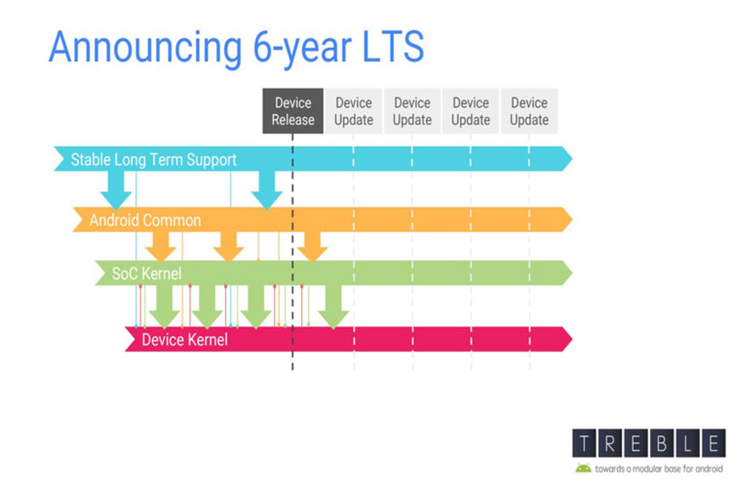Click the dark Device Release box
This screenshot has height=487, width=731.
coord(293,111)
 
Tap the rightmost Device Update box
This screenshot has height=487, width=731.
coord(529,111)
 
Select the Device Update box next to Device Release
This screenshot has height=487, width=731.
coord(353,111)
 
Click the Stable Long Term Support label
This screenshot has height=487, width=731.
coord(153,159)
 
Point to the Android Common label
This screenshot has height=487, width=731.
coord(145,220)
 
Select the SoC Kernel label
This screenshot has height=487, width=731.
coord(147,274)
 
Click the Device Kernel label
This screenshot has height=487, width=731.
coord(185,339)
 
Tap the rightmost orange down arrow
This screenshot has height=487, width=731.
coord(312,247)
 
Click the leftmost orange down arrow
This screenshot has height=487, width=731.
coord(161,247)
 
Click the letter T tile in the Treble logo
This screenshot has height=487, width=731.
coord(584,443)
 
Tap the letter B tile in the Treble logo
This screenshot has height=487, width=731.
coord(662,443)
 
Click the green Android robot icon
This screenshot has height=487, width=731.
coord(583,468)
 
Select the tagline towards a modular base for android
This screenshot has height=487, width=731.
coord(658,469)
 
